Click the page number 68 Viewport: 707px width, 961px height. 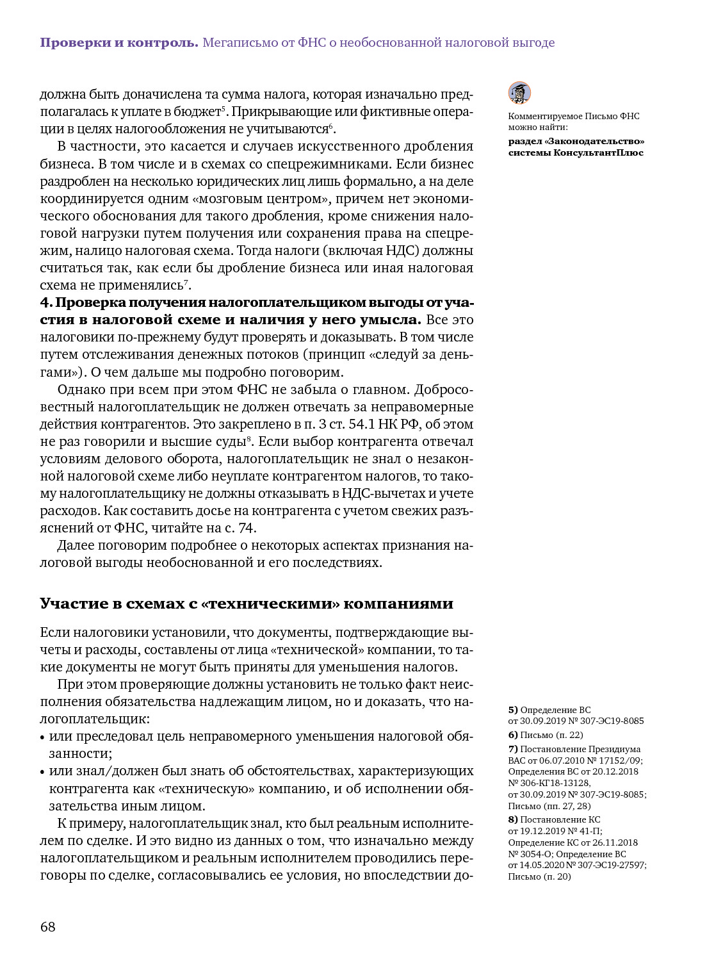(48, 926)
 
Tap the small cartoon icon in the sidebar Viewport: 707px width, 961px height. (519, 93)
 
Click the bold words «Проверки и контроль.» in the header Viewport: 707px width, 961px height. (119, 43)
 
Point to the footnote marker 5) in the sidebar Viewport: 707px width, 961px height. (513, 710)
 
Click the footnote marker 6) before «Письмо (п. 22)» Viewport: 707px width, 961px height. (513, 735)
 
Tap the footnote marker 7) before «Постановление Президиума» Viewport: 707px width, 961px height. (513, 749)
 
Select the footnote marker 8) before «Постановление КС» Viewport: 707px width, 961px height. (513, 819)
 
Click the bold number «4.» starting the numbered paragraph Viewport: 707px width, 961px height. (46, 302)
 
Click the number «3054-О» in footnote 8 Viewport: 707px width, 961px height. (531, 854)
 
